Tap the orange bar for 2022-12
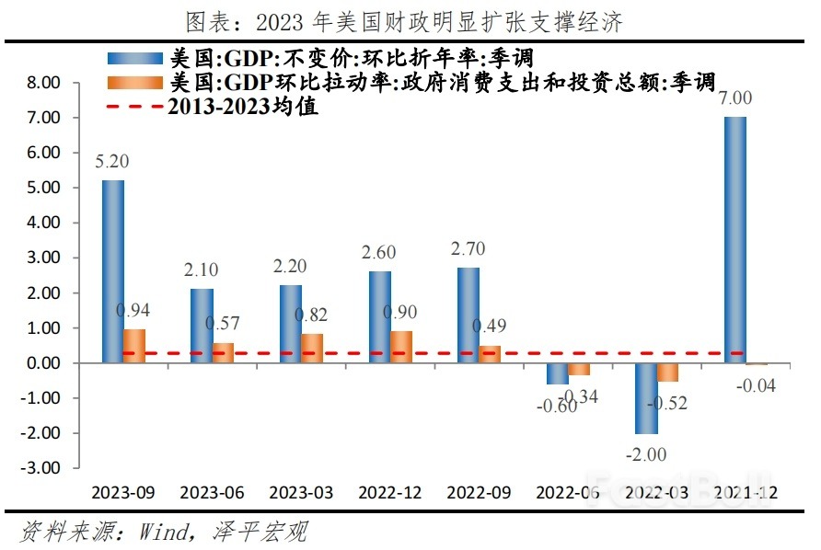pyautogui.click(x=400, y=347)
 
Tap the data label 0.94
pyautogui.click(x=133, y=310)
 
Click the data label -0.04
pyautogui.click(x=757, y=385)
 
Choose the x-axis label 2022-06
pyautogui.click(x=571, y=493)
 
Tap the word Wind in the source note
pyautogui.click(x=162, y=531)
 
